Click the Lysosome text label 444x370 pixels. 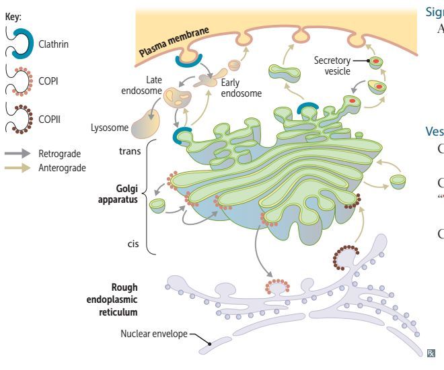coord(107,126)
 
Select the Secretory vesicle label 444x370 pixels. coord(332,65)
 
